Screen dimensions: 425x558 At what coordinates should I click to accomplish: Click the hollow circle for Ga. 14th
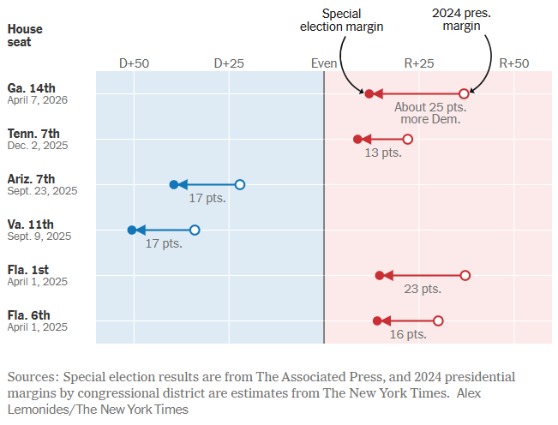pos(464,93)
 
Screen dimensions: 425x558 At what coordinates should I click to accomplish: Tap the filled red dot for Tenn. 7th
pos(358,139)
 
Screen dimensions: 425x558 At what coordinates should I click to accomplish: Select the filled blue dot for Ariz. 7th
pos(174,184)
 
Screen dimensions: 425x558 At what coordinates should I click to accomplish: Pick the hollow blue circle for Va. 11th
pos(195,230)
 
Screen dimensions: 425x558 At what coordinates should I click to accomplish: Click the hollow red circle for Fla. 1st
pos(465,275)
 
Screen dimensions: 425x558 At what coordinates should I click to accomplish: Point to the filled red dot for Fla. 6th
pos(377,320)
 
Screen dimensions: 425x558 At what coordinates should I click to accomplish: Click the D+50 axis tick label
pos(134,63)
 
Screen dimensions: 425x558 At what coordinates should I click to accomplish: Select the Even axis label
pos(324,63)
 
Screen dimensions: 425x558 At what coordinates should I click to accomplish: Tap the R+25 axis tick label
pos(419,63)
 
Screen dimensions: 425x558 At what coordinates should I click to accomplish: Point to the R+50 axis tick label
pos(514,63)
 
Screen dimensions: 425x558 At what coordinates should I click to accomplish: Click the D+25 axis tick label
pos(229,63)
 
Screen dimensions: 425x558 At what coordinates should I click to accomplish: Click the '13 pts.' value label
pos(383,153)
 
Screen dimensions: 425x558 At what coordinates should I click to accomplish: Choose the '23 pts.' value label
pos(423,289)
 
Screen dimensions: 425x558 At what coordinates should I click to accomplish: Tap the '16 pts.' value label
pos(408,334)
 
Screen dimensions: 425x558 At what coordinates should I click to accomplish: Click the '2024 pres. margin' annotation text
pos(462,20)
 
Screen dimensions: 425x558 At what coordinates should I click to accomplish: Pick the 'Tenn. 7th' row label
pos(33,133)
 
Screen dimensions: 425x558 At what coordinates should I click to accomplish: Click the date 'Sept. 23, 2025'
pos(42,191)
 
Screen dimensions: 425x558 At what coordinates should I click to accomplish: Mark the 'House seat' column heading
pos(25,36)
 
